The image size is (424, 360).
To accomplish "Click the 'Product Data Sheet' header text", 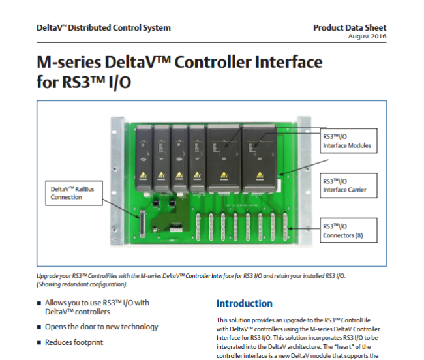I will point(350,27).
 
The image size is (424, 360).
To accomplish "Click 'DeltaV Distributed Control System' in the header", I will point(104,27).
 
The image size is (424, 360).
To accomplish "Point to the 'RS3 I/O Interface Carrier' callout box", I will point(347,186).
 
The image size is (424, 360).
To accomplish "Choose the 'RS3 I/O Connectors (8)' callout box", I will point(347,230).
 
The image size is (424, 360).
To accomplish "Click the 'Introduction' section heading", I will point(245,303).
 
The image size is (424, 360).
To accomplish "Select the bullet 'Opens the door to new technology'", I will point(101,327).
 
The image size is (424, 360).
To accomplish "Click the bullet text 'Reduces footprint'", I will point(74,342).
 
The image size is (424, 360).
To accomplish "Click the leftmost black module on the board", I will point(144,154).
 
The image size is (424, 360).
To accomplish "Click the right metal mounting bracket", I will point(303,176).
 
